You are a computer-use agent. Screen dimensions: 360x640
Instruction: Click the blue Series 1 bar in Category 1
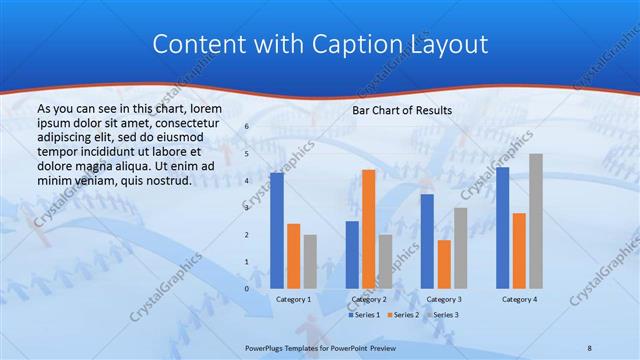pos(277,230)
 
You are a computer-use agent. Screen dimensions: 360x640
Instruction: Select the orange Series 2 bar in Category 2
pos(368,229)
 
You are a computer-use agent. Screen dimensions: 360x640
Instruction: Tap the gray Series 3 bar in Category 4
pos(536,221)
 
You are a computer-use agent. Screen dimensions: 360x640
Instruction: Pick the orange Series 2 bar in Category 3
pos(444,264)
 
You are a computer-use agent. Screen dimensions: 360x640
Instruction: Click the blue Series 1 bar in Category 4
pos(502,227)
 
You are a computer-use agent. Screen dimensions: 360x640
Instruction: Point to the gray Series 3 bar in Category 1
pos(310,261)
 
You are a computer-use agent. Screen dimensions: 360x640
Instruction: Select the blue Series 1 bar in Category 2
pos(352,254)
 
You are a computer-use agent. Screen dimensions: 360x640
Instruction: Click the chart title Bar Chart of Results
pos(402,110)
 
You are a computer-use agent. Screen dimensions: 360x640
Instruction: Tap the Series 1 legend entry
pos(364,315)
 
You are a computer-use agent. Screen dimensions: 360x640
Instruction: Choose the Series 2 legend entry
pos(402,315)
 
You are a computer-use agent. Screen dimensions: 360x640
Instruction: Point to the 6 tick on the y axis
pos(247,127)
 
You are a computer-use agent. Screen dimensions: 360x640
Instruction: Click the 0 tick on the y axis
pos(247,288)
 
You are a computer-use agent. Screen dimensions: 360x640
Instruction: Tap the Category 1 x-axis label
pos(294,299)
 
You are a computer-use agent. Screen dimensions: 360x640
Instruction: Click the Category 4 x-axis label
pos(519,299)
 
